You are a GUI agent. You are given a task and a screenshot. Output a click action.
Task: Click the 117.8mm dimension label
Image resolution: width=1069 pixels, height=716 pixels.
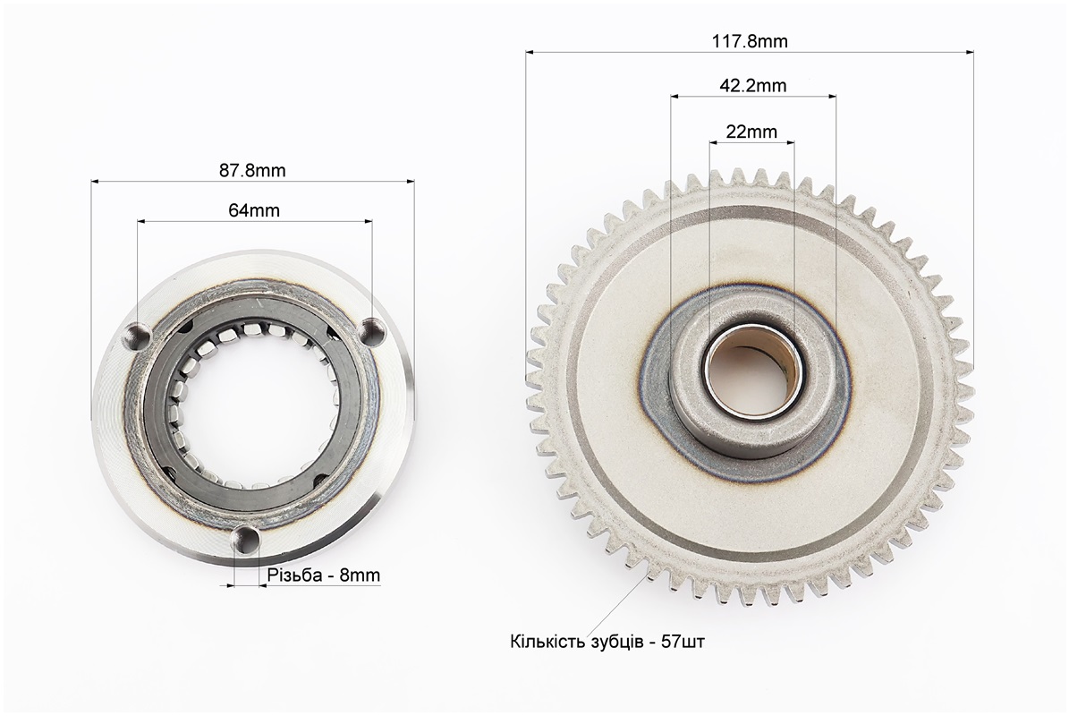[750, 41]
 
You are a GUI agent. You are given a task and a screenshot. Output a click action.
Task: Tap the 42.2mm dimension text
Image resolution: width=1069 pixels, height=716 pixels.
[752, 86]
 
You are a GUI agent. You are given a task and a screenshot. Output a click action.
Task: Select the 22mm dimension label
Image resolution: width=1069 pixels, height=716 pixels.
[751, 132]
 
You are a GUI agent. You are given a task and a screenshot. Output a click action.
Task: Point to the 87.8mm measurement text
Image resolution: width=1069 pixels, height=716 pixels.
[252, 170]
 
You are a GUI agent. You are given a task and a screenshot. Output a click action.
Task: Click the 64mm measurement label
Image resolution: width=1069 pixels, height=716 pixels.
[254, 210]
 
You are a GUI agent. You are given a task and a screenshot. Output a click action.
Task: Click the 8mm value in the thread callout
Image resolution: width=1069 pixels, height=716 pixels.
[360, 575]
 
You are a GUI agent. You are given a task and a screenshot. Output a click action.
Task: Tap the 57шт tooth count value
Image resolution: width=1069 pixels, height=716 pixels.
[683, 642]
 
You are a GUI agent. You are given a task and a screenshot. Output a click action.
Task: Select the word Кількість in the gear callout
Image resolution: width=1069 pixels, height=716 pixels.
[545, 642]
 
